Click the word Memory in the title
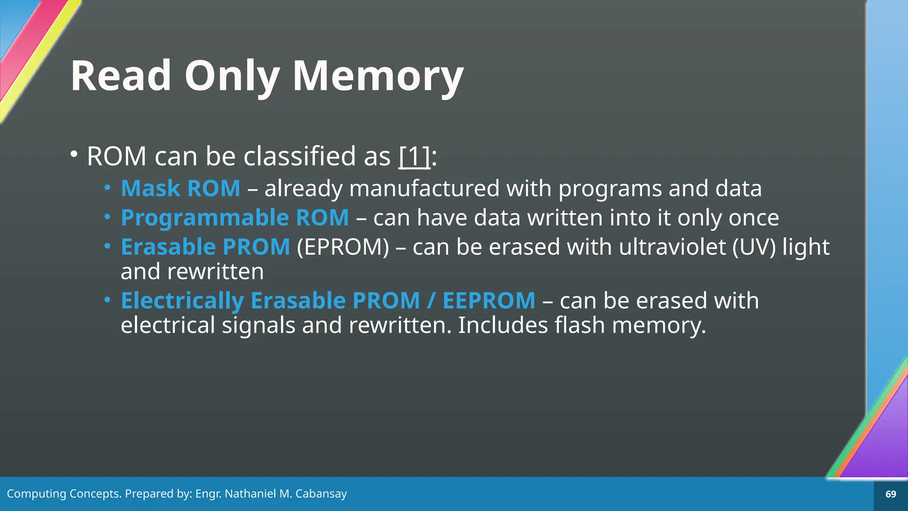click(x=378, y=76)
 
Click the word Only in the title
click(x=231, y=76)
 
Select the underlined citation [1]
click(x=415, y=156)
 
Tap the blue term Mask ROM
click(x=180, y=189)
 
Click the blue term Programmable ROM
click(x=235, y=218)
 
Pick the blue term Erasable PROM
click(x=205, y=247)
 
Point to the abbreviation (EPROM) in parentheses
click(x=343, y=247)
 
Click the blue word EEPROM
click(x=489, y=301)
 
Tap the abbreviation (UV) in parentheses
click(x=754, y=247)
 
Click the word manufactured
click(x=425, y=189)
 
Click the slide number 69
click(x=891, y=494)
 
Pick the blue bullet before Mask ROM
click(x=107, y=188)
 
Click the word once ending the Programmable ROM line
click(x=754, y=218)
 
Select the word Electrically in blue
click(x=182, y=301)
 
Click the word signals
click(x=258, y=325)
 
